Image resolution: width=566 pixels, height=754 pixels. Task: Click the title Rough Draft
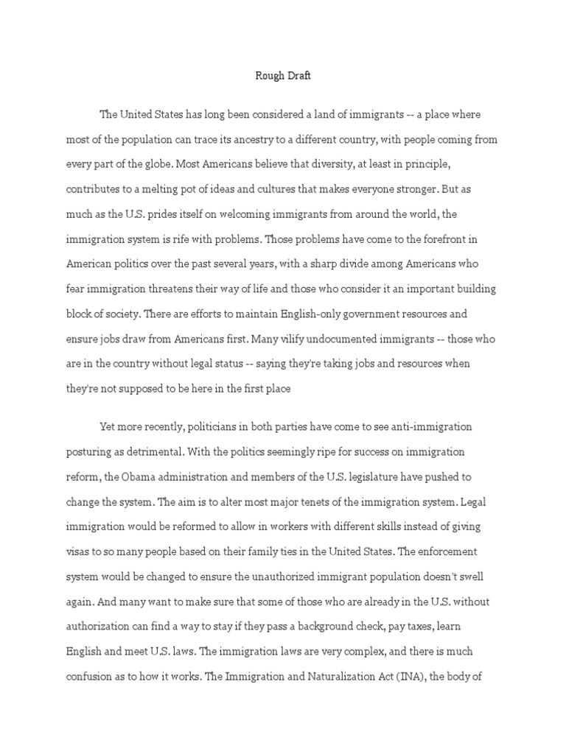point(283,75)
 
